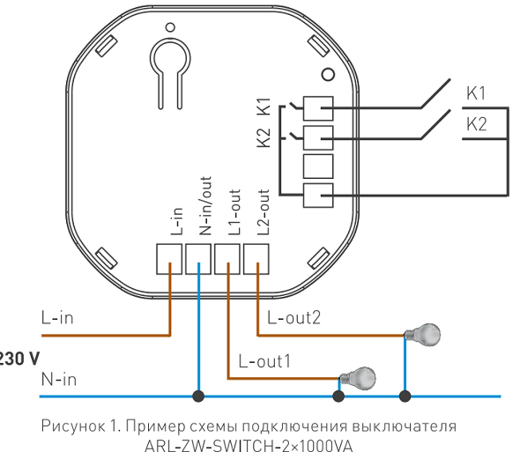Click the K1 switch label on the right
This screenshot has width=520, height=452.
point(476,93)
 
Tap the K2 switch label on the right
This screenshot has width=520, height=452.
point(476,124)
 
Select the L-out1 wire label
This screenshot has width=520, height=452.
point(264,361)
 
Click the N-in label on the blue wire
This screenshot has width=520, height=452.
point(59,380)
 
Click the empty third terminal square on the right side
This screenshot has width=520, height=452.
point(317,166)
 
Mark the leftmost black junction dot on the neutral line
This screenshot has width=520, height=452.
point(199,396)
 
